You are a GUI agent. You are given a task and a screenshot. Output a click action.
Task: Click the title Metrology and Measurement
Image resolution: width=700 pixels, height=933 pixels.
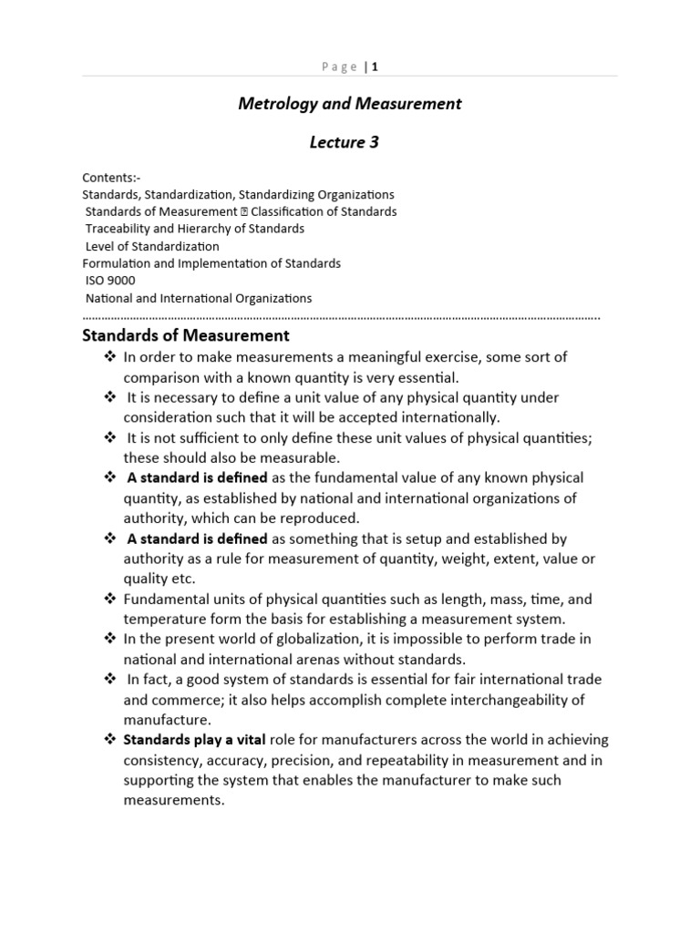(350, 104)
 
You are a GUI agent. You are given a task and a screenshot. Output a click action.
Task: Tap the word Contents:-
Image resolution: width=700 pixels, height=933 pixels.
(111, 178)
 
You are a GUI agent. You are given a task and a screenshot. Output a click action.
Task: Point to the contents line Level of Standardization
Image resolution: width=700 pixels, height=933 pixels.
(152, 246)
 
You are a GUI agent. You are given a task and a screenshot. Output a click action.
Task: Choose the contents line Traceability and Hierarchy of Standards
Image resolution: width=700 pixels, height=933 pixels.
(195, 229)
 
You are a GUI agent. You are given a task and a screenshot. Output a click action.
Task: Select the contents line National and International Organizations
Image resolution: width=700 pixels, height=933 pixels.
(199, 298)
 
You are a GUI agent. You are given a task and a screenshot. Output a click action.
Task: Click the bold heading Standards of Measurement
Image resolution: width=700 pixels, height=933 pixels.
(186, 336)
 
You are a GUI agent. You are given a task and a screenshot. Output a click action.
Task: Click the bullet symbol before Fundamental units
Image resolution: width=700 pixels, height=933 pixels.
(109, 600)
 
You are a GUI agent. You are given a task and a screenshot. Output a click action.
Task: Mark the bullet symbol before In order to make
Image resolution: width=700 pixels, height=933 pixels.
(109, 357)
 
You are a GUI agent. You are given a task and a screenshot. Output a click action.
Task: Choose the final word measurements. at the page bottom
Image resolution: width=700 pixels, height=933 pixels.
(173, 801)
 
